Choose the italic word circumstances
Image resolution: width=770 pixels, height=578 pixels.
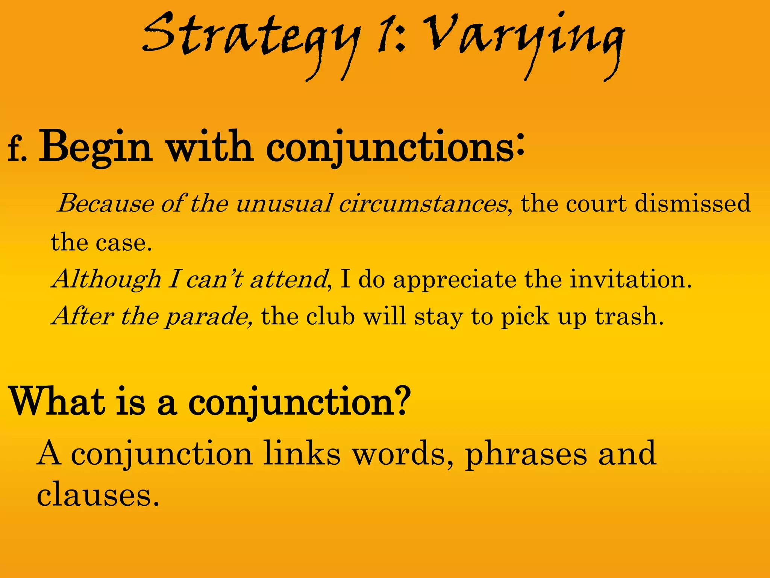pyautogui.click(x=423, y=204)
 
